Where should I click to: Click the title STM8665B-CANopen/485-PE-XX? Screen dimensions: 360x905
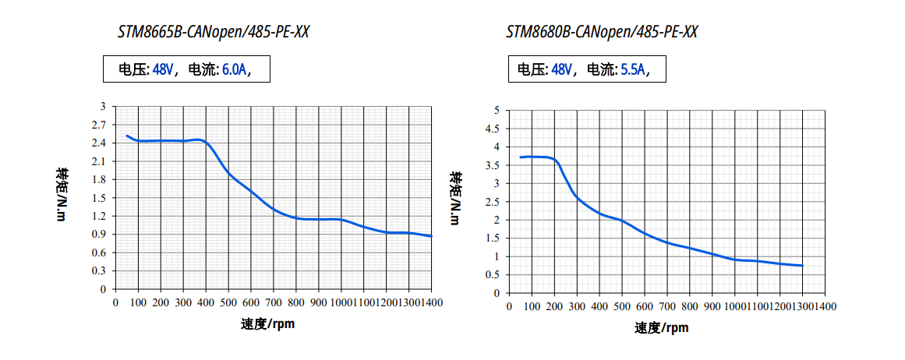207,32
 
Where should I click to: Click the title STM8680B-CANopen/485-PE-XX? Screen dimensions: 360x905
602,32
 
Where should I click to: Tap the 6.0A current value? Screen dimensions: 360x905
234,69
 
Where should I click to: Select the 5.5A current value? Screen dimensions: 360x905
632,69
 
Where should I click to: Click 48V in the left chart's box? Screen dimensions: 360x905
163,69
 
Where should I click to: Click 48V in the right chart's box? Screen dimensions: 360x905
561,69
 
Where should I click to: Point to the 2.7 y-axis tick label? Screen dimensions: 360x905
99,125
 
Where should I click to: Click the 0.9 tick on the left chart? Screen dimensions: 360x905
99,234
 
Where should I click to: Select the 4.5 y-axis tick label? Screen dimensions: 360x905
493,129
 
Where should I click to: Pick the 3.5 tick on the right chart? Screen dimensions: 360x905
493,165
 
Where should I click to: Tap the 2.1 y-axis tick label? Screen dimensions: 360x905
99,161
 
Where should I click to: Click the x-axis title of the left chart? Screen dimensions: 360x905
267,323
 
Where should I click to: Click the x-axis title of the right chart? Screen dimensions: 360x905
662,327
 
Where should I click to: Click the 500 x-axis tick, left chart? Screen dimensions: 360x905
229,302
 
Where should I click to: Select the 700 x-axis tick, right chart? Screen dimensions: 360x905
666,306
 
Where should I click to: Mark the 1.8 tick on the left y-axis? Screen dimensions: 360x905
99,179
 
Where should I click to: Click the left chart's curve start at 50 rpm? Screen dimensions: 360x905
127,136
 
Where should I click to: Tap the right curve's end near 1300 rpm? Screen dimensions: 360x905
802,266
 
